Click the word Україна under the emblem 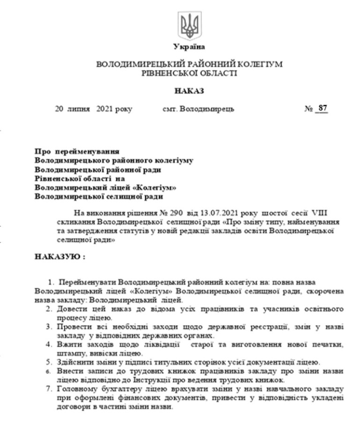coord(189,47)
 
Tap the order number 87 coord(322,108)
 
